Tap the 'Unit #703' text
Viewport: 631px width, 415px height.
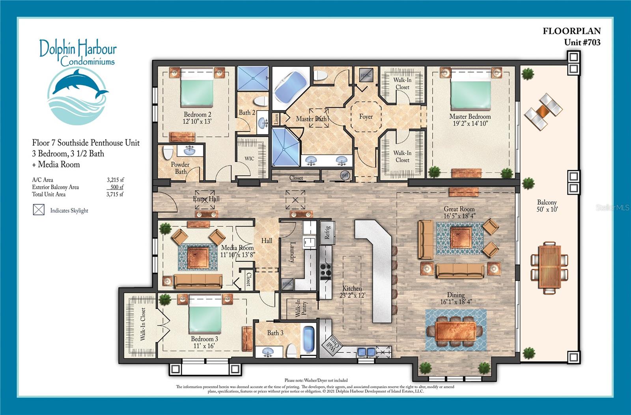coord(582,42)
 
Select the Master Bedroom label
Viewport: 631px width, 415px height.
coord(470,120)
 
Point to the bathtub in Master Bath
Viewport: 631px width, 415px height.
coord(290,88)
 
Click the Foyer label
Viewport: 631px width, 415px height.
coord(366,116)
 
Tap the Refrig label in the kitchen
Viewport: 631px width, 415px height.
coord(327,233)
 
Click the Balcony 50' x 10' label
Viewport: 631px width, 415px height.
coord(547,206)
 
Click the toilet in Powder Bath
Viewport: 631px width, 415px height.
coord(168,152)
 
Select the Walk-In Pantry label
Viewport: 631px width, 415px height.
coord(301,308)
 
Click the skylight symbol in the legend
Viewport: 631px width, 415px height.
coord(39,210)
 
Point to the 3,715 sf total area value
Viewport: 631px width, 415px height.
coord(115,194)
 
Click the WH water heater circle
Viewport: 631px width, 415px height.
coord(345,175)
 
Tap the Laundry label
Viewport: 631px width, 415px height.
coord(292,252)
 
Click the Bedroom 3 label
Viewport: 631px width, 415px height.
coord(204,342)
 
